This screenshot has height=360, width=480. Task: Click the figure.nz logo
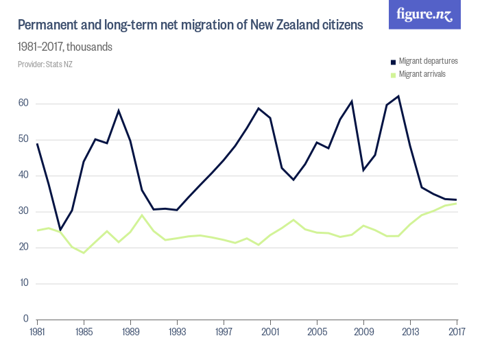(424, 14)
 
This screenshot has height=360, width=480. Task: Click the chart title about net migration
(190, 25)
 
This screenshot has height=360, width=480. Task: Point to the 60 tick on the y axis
(23, 104)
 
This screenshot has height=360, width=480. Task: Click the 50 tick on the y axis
(23, 140)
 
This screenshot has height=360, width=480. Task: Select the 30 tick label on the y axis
(23, 211)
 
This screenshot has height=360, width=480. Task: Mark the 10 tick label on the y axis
(23, 283)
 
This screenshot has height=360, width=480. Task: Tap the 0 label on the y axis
(25, 319)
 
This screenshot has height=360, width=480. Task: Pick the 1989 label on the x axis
(130, 332)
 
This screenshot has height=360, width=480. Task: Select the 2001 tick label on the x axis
(270, 332)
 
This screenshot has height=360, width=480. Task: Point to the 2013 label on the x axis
(410, 332)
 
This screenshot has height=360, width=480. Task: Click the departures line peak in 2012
(398, 96)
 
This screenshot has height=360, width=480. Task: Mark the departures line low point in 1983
(60, 230)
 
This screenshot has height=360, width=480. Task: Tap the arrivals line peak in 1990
(142, 215)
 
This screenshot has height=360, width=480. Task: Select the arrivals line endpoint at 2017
(457, 203)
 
